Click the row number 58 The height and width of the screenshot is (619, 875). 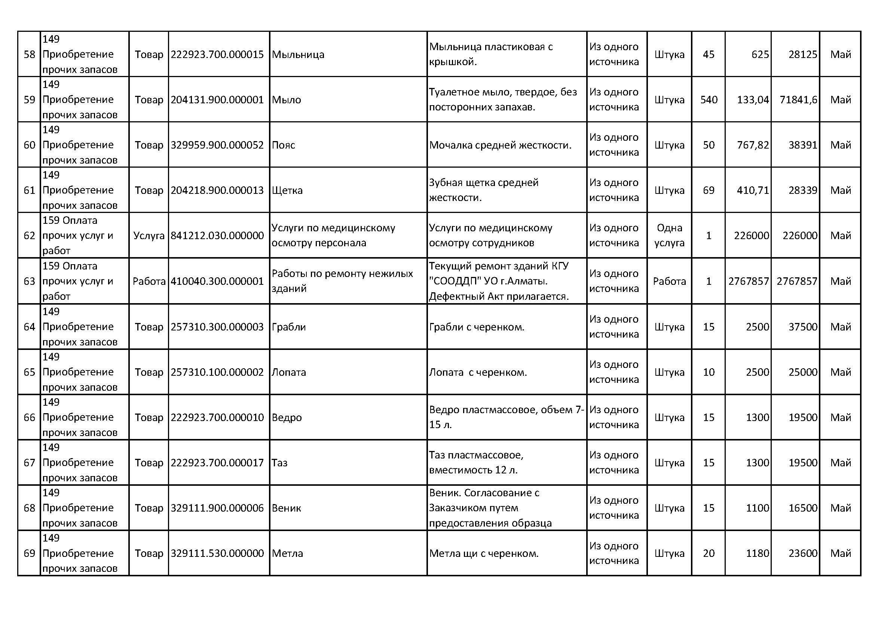coord(29,55)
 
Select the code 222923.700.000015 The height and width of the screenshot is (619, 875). coord(217,55)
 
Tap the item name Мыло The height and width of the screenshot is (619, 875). coord(286,100)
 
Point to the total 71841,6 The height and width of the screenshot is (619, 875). coord(798,100)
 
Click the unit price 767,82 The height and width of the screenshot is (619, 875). coord(753,145)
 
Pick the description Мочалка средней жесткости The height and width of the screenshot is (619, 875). coord(500,145)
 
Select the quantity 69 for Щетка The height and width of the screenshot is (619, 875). coord(708,190)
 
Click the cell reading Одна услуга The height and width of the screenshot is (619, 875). coord(669,235)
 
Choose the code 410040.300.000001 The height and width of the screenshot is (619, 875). coord(217,281)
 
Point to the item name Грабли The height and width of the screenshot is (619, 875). coord(288,327)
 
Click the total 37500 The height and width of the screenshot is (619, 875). coord(802,327)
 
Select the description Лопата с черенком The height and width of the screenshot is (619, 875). coord(478,372)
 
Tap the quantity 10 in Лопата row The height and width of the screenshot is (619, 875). coord(708,372)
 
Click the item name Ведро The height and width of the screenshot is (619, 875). coord(287,418)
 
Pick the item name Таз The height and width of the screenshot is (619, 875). coord(279,463)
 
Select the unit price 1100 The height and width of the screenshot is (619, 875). coord(757,508)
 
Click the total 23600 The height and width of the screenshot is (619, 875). coord(802,554)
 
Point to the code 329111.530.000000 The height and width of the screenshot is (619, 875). coord(217,554)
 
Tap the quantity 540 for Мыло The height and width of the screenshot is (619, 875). coord(709,100)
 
